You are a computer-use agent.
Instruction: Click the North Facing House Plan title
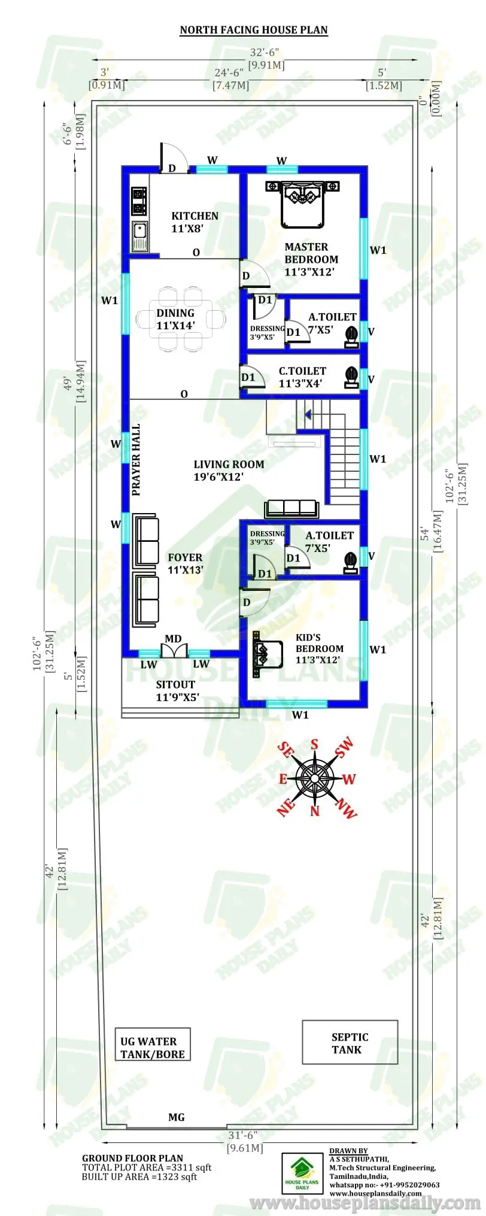click(254, 30)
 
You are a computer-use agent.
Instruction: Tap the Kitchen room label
click(195, 222)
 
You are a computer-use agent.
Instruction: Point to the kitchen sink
click(140, 235)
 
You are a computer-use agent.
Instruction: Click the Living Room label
click(228, 471)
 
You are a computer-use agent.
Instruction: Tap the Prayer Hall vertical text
click(136, 460)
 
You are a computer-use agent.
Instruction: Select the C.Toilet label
click(302, 377)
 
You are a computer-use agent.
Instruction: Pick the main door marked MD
click(174, 650)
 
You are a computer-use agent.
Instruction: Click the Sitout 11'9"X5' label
click(177, 690)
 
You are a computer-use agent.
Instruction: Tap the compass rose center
click(315, 778)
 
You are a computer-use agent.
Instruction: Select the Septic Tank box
click(350, 1042)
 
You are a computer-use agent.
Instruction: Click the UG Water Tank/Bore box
click(153, 1044)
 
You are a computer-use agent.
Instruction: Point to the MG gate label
click(177, 1117)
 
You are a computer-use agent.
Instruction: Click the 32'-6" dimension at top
click(265, 53)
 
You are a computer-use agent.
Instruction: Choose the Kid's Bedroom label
click(319, 648)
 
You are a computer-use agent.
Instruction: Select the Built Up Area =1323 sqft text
click(139, 1176)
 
